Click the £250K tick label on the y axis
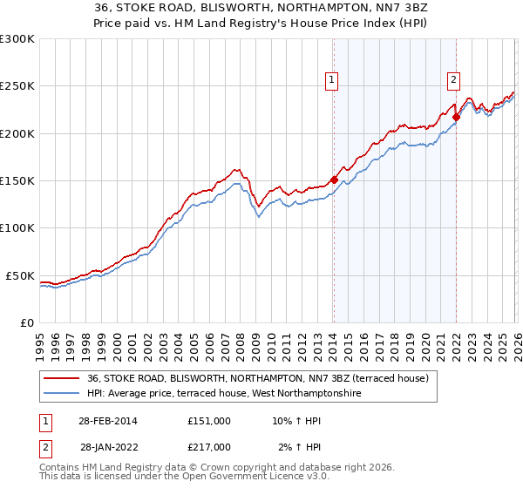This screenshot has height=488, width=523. tap(17, 86)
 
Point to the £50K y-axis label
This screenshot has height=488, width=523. tap(19, 275)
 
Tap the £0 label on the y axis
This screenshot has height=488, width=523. tap(26, 322)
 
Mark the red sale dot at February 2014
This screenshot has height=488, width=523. tap(334, 180)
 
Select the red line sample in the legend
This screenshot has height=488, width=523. tap(62, 379)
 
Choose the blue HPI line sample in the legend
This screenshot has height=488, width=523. tap(62, 394)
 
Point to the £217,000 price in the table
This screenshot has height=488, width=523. tap(208, 447)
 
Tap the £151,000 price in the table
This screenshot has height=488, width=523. tap(208, 421)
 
